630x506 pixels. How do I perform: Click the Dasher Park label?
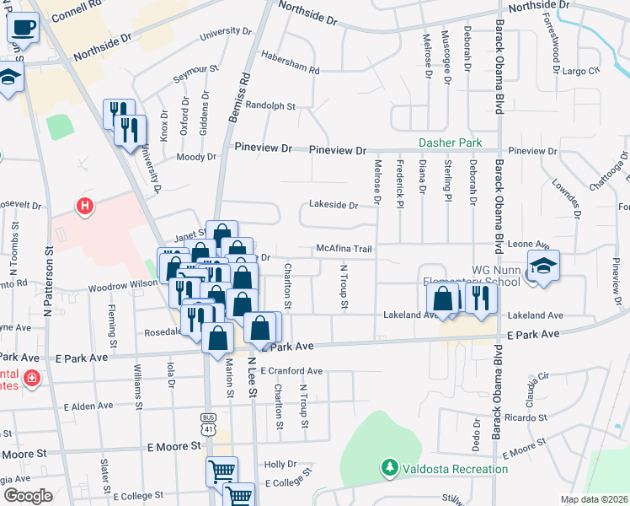[450, 143]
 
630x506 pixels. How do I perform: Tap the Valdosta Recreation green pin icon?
[389, 466]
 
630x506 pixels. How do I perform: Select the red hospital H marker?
[84, 205]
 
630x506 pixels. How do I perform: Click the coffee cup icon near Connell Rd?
[23, 28]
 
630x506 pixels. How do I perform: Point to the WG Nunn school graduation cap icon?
[543, 268]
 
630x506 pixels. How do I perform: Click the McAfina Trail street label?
[344, 249]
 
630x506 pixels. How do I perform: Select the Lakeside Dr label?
[334, 204]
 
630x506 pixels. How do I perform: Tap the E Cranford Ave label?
[291, 370]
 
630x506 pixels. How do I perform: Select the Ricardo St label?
[527, 417]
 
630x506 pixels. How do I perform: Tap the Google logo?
[27, 496]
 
